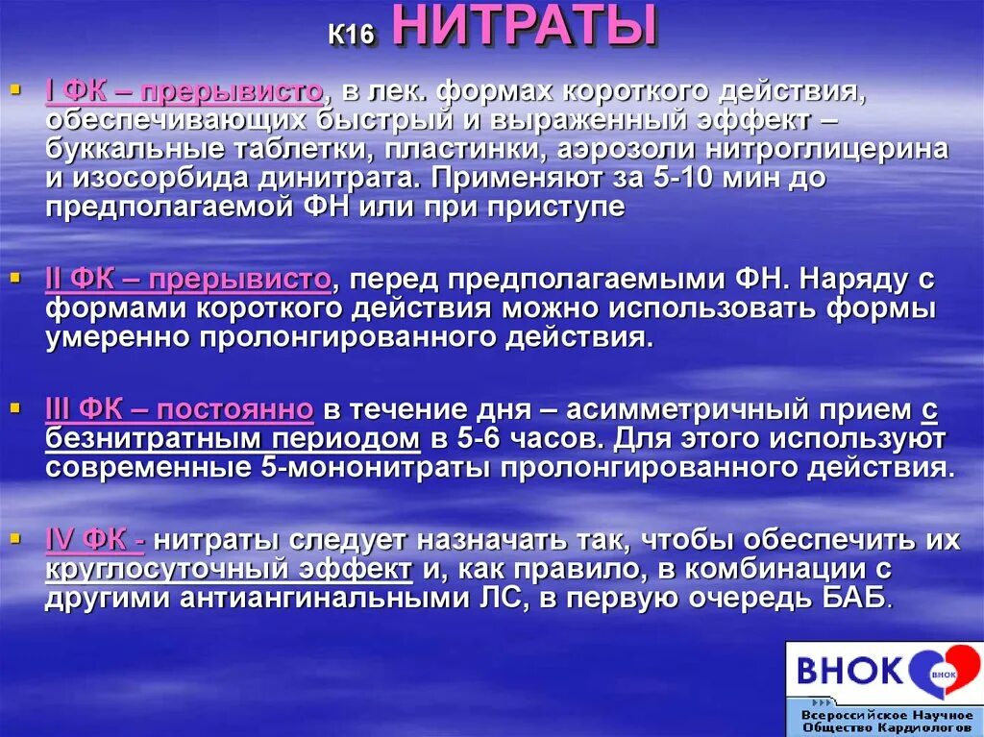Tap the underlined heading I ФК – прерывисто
click(184, 92)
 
